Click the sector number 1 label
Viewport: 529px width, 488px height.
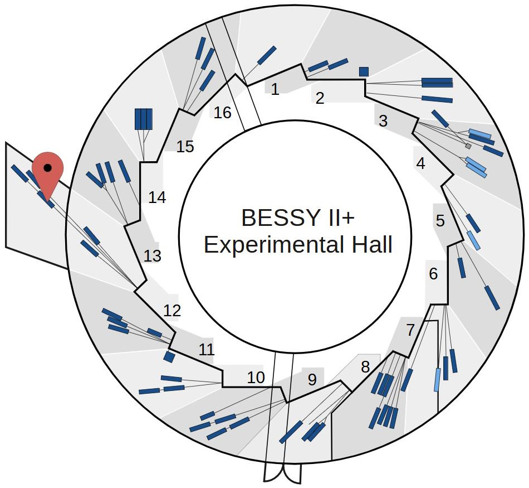[275, 89]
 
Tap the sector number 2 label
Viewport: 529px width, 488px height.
[320, 99]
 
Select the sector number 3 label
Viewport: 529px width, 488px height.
[383, 120]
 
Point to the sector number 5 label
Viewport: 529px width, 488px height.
[440, 221]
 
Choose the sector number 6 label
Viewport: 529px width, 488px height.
[433, 274]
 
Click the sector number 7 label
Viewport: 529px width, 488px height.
[410, 330]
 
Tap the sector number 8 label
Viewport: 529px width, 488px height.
[365, 367]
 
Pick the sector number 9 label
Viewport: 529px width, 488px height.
[312, 380]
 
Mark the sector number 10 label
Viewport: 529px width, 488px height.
[256, 378]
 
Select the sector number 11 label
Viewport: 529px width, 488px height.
[207, 350]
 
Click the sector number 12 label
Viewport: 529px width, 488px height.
[172, 311]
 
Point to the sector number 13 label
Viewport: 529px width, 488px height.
[152, 255]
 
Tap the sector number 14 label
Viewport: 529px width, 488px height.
[158, 197]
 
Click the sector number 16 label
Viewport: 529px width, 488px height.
[222, 113]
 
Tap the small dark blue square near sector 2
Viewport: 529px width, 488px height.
[364, 71]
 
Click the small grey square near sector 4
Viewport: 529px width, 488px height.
[468, 146]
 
